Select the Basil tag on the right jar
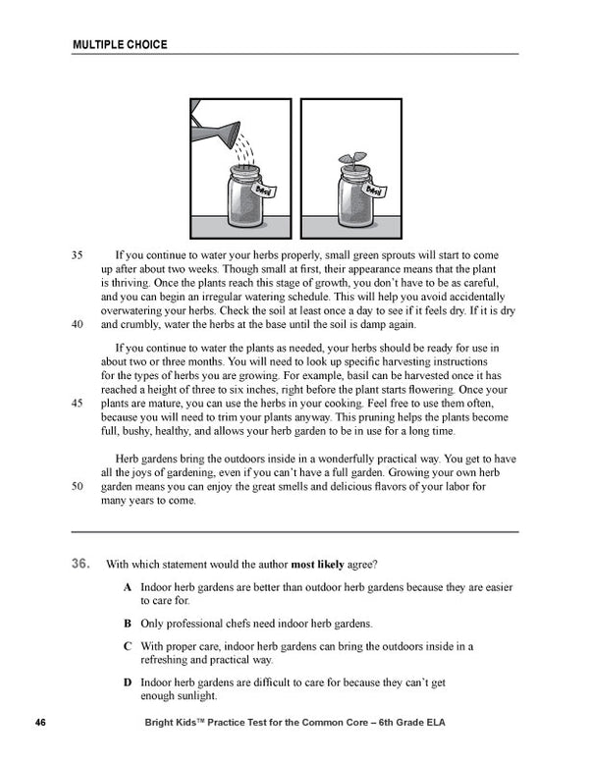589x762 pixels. coord(373,188)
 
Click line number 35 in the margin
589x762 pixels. coord(79,254)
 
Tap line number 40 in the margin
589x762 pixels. coord(79,325)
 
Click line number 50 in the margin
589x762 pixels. coord(79,485)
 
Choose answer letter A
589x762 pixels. coord(128,586)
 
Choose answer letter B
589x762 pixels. coord(128,623)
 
